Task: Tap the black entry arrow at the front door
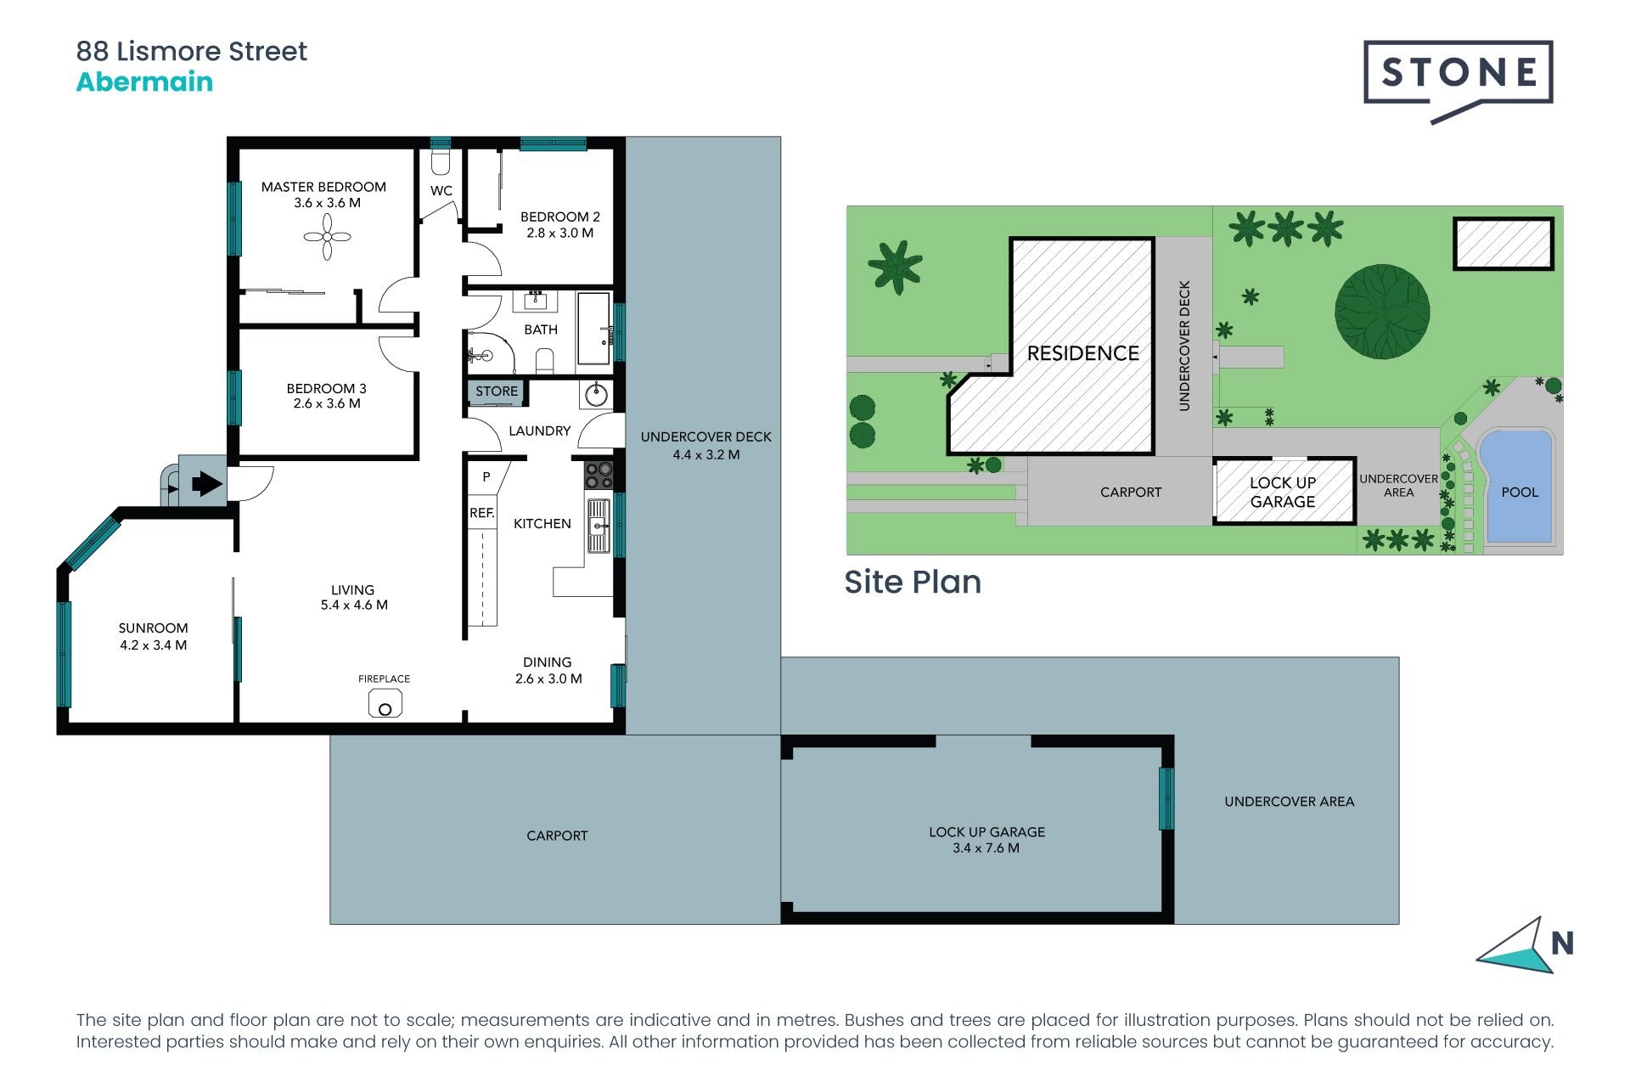(x=207, y=484)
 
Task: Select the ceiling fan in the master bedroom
(x=327, y=236)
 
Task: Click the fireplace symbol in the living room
(x=385, y=703)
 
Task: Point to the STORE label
(x=497, y=391)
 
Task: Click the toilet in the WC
(x=441, y=161)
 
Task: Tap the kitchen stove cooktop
(x=599, y=475)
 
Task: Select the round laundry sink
(x=596, y=394)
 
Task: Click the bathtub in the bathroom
(x=593, y=329)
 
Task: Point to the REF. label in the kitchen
(x=482, y=513)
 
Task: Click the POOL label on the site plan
(x=1520, y=492)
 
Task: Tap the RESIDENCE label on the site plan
(x=1083, y=353)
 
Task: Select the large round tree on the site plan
(x=1382, y=312)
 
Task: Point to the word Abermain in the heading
(x=144, y=82)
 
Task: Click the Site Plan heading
(x=913, y=582)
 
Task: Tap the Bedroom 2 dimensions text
(x=560, y=233)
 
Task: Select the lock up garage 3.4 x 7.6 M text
(x=986, y=848)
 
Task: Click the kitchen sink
(x=599, y=526)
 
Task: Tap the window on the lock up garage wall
(x=1166, y=798)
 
